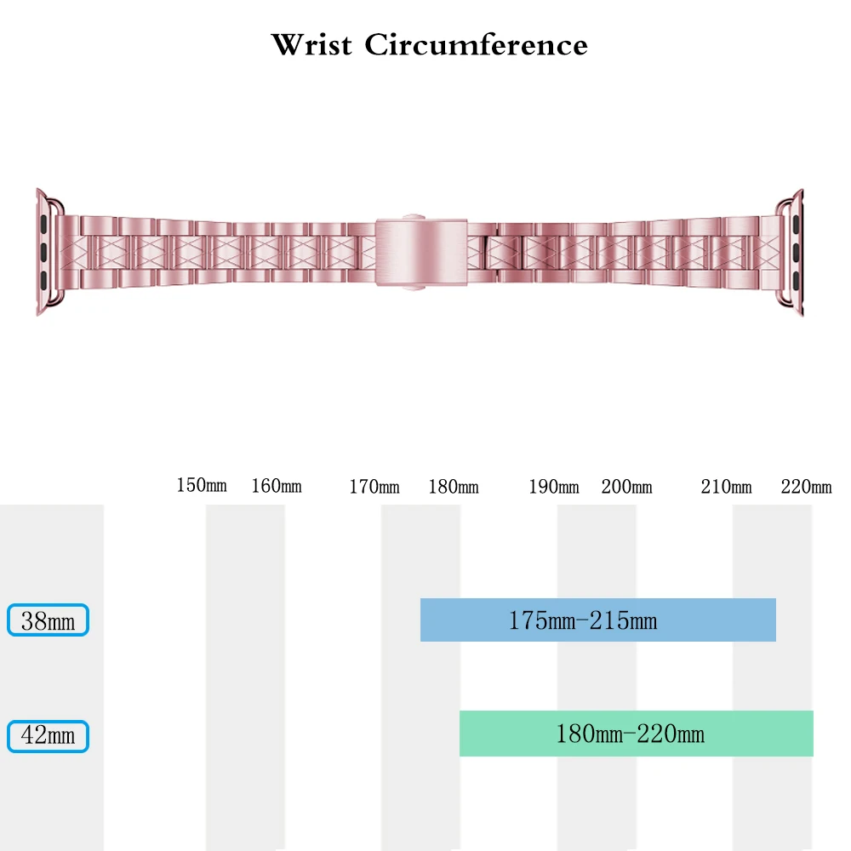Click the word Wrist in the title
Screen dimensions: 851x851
311,44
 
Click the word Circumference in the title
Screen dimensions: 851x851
476,44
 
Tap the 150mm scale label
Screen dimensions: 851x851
202,486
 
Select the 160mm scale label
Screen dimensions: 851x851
277,487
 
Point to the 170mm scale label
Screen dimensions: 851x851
374,487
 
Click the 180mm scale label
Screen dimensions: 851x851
454,487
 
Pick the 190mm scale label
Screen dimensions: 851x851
554,487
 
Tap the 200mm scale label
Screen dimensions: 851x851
627,487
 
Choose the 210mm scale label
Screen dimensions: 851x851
727,487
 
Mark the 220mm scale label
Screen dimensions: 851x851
806,487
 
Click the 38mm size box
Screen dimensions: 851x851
48,620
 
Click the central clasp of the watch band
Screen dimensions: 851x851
422,252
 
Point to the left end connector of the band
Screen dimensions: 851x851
49,252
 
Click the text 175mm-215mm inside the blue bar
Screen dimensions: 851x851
583,620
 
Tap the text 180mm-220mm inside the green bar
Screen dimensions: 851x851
630,734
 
